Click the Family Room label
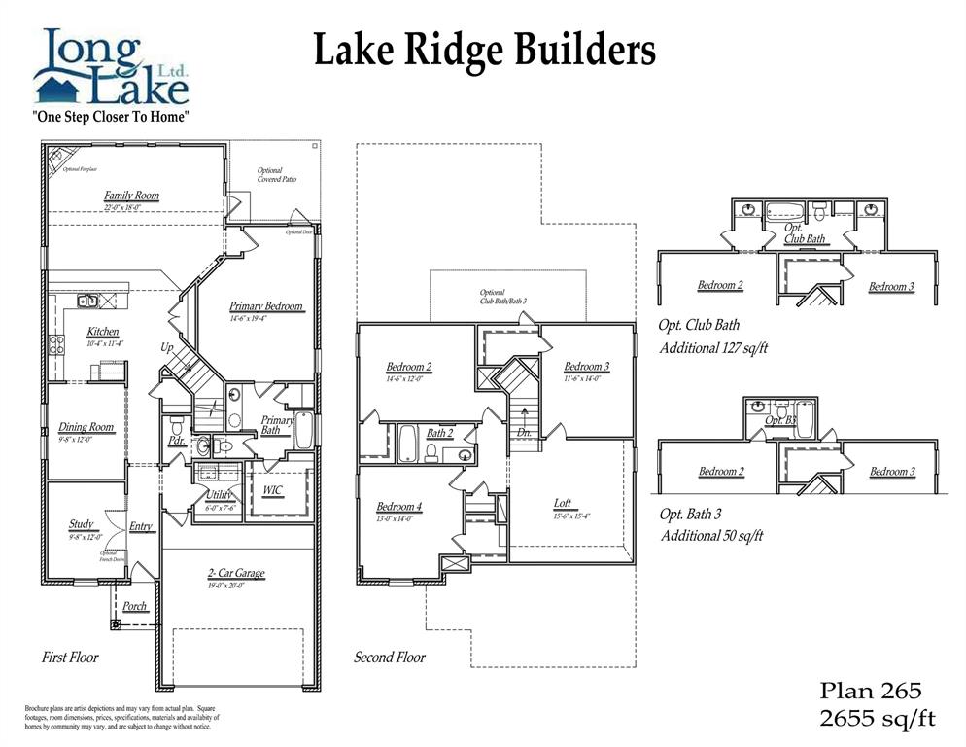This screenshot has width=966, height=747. coord(131,196)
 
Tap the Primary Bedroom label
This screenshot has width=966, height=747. coord(266,306)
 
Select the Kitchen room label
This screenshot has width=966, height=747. coord(103,332)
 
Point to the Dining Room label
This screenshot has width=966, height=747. coord(86,427)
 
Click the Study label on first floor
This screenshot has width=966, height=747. coord(82,524)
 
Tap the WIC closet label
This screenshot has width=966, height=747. coord(273,490)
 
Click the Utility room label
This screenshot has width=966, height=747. coord(218,495)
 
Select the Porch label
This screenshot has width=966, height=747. coord(135,606)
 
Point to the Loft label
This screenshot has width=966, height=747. coord(563,503)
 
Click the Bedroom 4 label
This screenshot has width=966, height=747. coord(399,507)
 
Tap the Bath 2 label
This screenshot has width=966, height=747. coord(440,433)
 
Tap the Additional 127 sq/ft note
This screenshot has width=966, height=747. coord(713,347)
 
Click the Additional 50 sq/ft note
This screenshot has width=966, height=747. coord(711,535)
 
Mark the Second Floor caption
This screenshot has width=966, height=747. coord(389,658)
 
